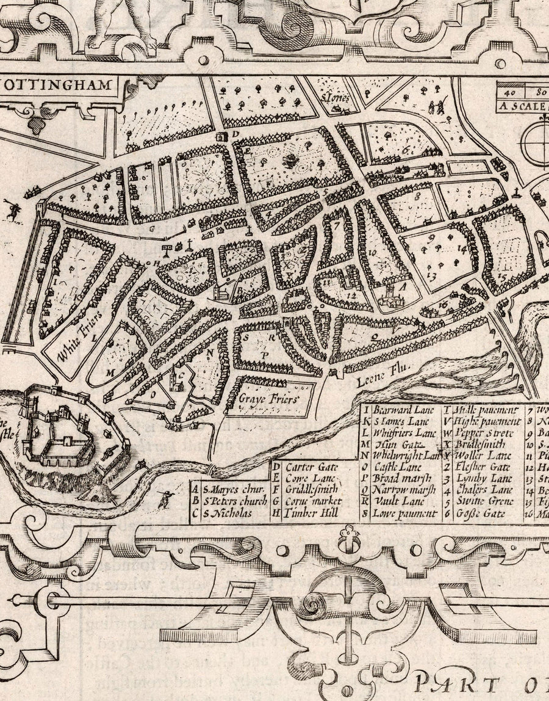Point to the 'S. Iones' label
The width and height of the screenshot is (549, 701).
pos(334,96)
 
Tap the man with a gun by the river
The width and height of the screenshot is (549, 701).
pos(164,498)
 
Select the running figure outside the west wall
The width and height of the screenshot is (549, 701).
pos(12,211)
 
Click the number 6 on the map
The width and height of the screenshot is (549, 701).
pos(422,148)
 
